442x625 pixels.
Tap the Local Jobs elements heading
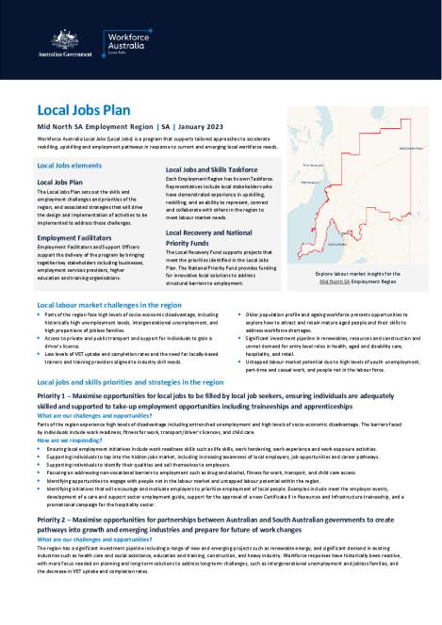point(69,164)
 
